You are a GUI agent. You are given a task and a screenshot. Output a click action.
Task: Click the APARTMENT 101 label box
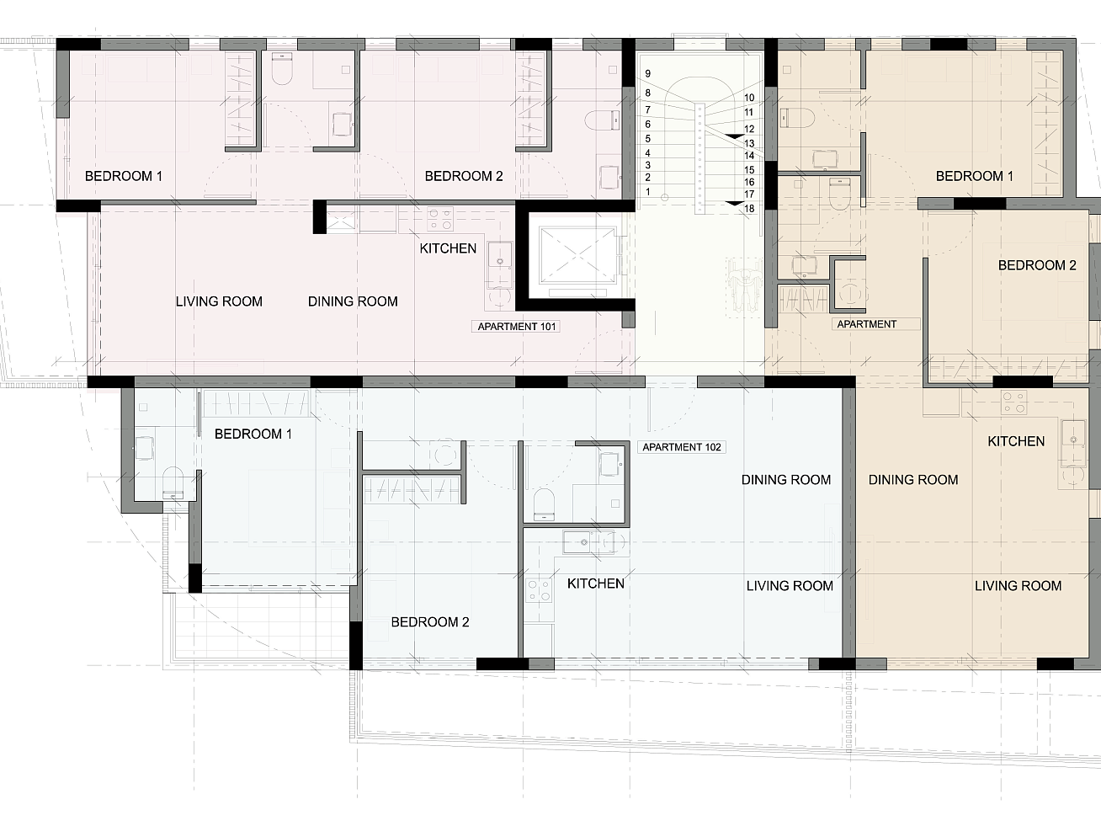point(516,327)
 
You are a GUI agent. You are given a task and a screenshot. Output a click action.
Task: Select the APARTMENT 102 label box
point(682,447)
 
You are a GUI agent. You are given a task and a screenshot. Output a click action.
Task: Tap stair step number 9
point(648,74)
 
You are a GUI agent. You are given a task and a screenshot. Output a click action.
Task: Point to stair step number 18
point(749,209)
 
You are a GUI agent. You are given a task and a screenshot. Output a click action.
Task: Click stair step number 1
point(648,192)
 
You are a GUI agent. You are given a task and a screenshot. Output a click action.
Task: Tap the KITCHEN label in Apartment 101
point(448,248)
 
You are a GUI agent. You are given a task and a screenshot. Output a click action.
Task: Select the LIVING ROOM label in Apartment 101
point(219,301)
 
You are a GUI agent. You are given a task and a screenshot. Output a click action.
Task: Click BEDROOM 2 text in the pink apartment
point(464,176)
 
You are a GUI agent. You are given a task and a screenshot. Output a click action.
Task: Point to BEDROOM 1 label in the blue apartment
point(253,434)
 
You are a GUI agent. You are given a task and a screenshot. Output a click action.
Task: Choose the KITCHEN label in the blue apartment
point(595,584)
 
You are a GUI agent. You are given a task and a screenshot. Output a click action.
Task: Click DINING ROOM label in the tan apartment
point(913,479)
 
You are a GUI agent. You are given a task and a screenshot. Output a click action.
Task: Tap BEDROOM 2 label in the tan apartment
point(1037,265)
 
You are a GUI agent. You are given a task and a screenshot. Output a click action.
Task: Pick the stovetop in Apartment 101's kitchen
point(440,219)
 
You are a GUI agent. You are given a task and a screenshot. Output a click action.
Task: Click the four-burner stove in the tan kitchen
point(1013,402)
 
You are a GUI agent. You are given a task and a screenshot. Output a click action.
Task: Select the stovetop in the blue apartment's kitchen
point(539,589)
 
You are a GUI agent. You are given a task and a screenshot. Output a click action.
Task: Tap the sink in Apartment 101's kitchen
point(500,261)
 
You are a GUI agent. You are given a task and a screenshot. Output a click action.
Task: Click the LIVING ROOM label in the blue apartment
point(790,586)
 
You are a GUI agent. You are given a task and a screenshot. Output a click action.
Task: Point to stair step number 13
point(749,143)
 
